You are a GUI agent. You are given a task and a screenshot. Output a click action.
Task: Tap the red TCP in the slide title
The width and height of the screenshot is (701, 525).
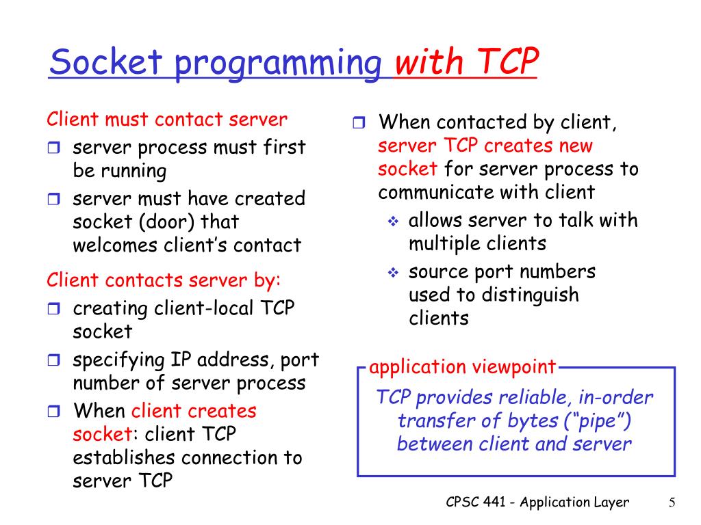(x=506, y=64)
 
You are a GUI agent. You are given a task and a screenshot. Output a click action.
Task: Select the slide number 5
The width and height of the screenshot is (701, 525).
(x=672, y=503)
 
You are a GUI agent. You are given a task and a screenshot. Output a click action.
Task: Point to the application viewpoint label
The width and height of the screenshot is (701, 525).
(x=462, y=367)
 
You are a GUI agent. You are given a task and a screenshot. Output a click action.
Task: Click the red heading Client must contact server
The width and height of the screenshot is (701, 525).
(x=167, y=120)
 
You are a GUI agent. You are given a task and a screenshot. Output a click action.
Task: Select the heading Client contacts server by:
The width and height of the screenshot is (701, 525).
(x=164, y=280)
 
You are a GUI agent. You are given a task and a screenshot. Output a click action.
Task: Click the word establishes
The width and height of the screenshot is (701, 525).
(x=120, y=457)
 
